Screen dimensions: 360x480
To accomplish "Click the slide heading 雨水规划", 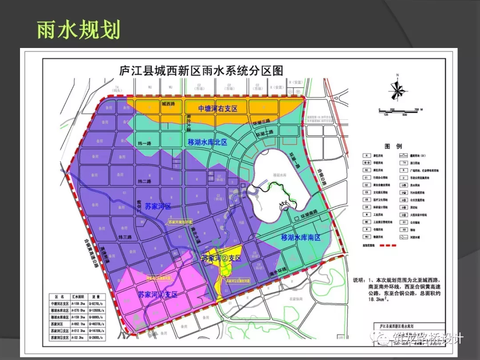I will pyautogui.click(x=78, y=29).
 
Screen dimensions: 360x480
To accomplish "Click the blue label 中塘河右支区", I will pyautogui.click(x=218, y=108).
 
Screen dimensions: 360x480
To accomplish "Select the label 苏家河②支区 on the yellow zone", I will pyautogui.click(x=221, y=258).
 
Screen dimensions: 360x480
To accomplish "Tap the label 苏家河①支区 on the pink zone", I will pyautogui.click(x=157, y=294).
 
